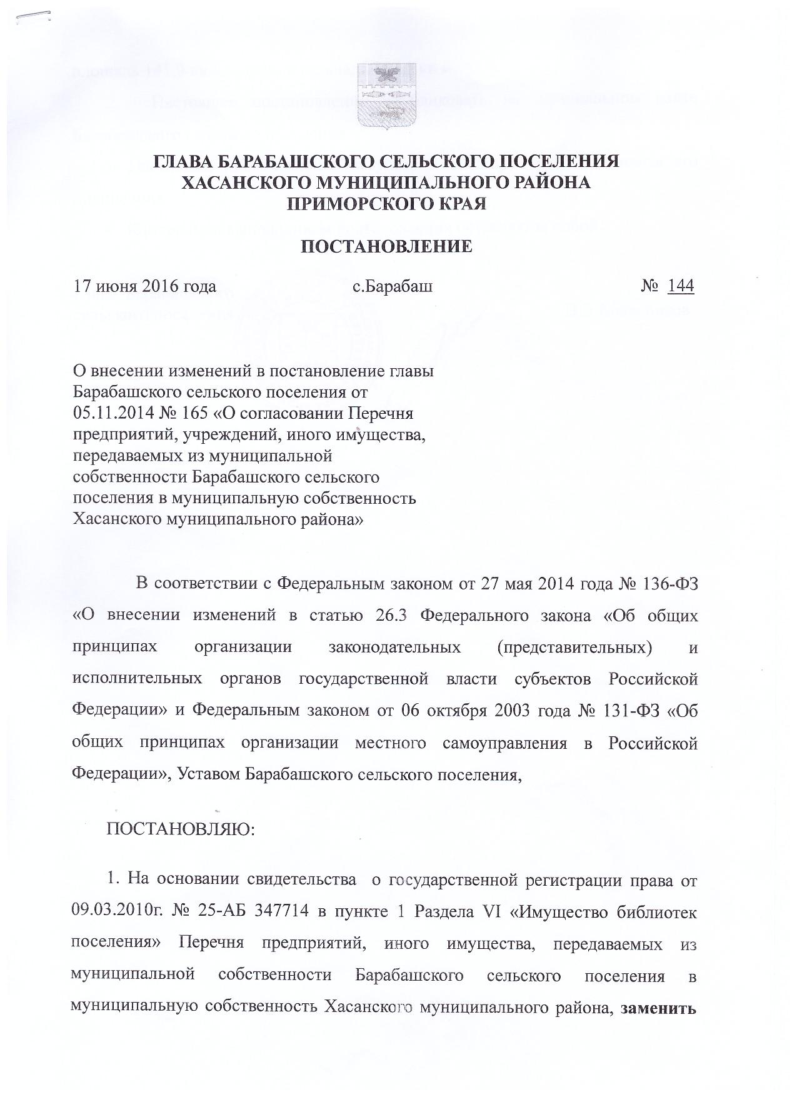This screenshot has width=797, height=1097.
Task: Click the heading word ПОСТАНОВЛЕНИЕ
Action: click(387, 246)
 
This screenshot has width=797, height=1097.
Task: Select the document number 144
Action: click(681, 286)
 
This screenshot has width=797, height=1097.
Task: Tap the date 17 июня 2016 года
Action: click(145, 287)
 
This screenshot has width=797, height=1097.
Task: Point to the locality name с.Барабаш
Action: click(393, 287)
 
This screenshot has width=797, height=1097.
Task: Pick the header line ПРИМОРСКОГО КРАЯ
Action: click(386, 203)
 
